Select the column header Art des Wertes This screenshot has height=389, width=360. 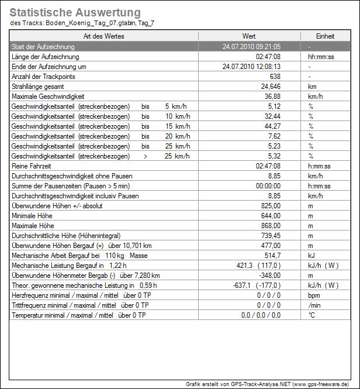(104, 36)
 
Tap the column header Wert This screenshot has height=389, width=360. (248, 36)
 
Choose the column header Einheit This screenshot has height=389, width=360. (325, 36)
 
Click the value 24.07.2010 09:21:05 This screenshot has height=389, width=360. (252, 47)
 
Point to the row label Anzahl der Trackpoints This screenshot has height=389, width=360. (42, 77)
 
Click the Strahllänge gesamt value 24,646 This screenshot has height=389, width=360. (271, 87)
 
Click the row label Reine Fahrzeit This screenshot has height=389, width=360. (33, 166)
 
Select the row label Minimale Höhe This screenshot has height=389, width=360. (32, 216)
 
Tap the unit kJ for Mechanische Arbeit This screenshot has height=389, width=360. (311, 256)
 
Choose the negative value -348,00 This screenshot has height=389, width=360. (269, 276)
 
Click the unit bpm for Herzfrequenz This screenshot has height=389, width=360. (314, 295)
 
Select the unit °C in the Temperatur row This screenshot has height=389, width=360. (311, 315)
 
